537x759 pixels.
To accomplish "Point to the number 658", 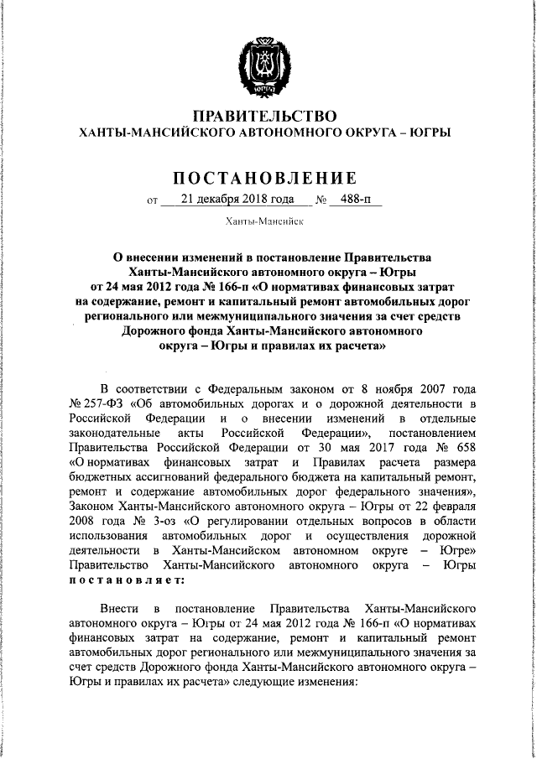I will point(467,447).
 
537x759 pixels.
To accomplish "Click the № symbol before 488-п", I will point(321,200).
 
